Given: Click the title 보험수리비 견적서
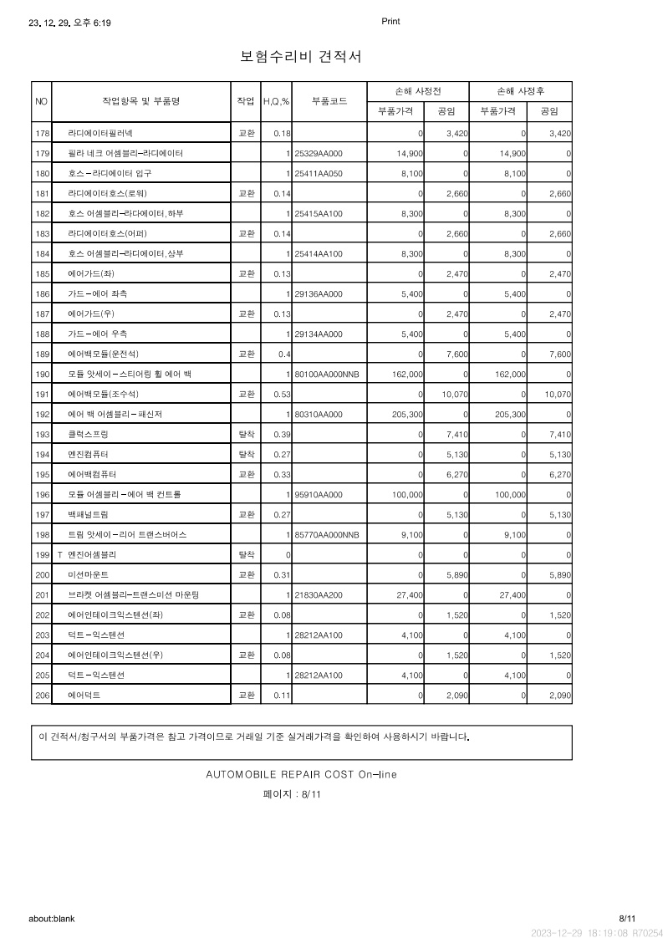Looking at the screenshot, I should (x=300, y=57).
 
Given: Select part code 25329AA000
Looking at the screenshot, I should (x=319, y=154).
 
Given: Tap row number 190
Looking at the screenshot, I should (x=42, y=374).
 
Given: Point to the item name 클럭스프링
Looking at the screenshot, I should (x=89, y=435).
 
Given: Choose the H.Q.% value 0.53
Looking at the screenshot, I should (x=282, y=394).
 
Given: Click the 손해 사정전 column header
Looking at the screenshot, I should (x=417, y=90).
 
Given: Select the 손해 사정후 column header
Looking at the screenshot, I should (x=521, y=90).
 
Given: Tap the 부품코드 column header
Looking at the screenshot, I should (x=329, y=101).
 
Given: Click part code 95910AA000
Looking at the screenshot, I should (x=319, y=495).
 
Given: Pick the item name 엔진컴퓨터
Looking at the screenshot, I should (x=89, y=455).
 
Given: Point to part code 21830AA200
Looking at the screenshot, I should (x=319, y=594).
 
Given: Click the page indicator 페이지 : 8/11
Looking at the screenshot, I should (x=292, y=794).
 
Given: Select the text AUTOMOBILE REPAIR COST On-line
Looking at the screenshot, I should (x=301, y=774).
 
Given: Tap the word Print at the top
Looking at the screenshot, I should (x=390, y=22).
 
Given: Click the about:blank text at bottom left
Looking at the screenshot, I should (x=52, y=919).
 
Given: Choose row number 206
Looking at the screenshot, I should (x=42, y=695).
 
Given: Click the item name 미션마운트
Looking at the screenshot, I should (x=89, y=575).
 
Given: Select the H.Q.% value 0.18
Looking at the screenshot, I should (x=282, y=134).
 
